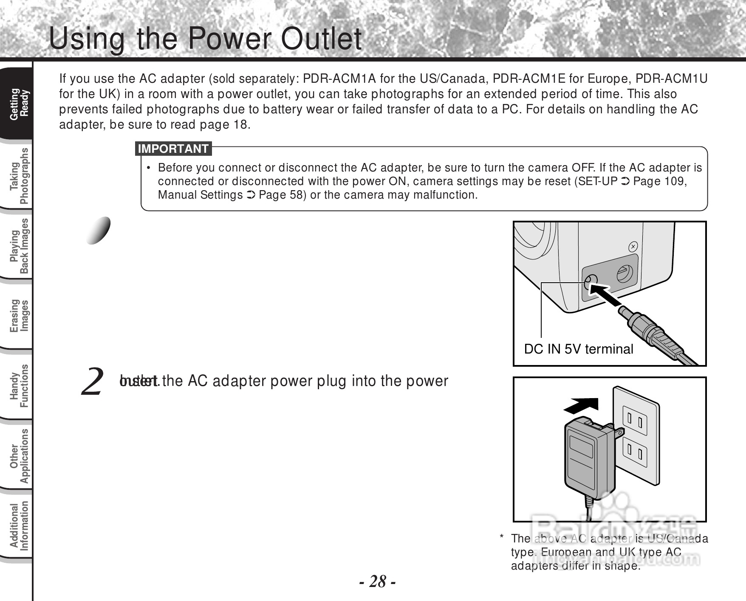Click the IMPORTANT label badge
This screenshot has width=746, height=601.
point(173,149)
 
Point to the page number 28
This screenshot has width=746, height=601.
point(378,581)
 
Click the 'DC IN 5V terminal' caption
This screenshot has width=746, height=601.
point(578,349)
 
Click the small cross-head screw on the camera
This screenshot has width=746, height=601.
point(633,246)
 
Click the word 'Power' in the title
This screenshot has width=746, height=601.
point(230,39)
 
